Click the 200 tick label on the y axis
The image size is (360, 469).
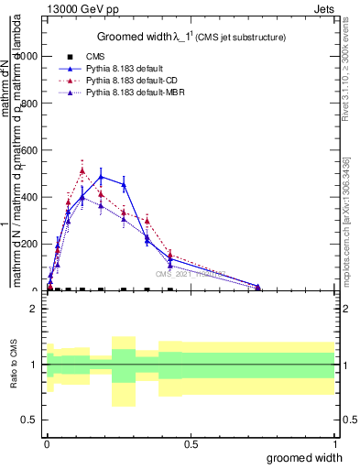click(x=29, y=244)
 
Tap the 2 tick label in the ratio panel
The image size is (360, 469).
click(x=36, y=309)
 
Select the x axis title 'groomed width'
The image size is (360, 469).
click(x=305, y=457)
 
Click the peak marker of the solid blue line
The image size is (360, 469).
click(x=102, y=177)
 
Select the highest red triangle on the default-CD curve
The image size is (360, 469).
click(x=82, y=170)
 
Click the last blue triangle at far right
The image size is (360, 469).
click(x=258, y=287)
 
